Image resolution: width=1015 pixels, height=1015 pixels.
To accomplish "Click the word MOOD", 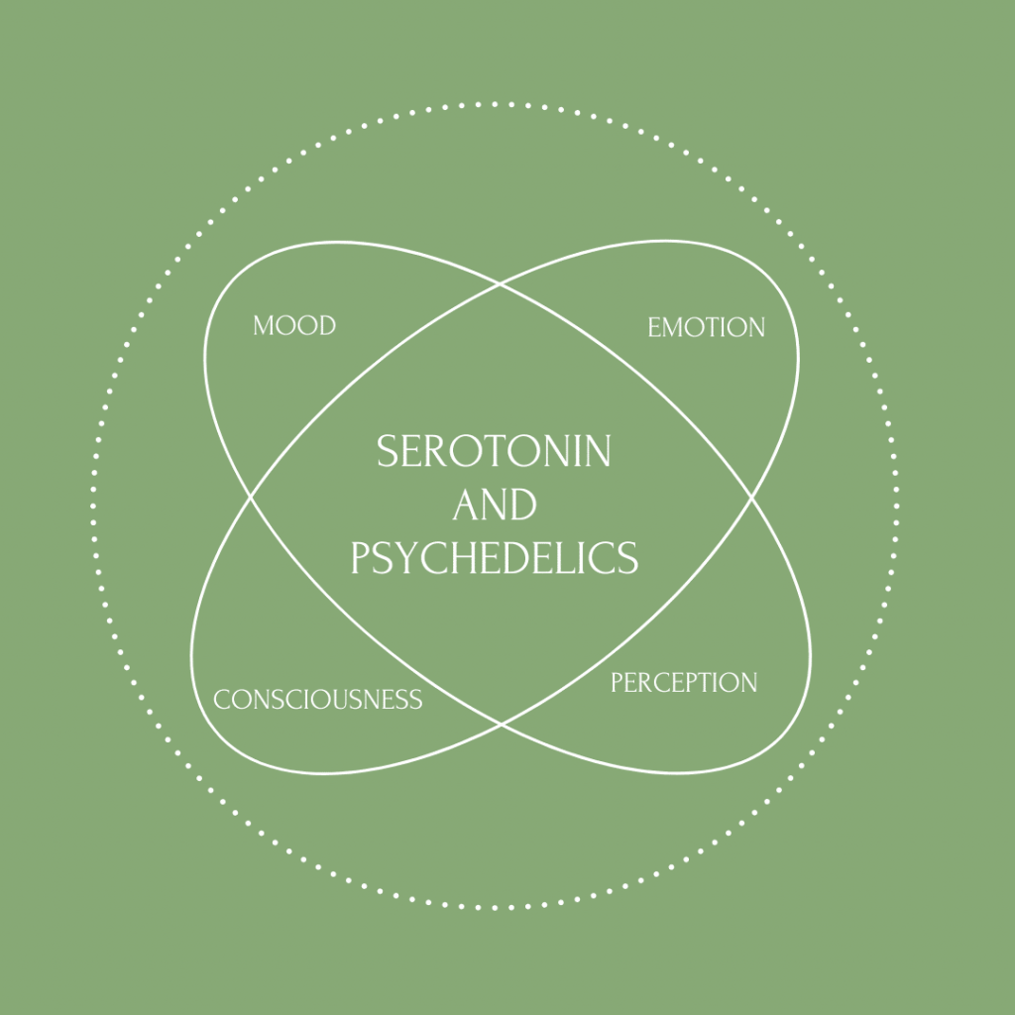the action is pyautogui.click(x=294, y=325).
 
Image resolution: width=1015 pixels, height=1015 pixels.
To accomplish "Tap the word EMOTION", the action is pyautogui.click(x=706, y=327).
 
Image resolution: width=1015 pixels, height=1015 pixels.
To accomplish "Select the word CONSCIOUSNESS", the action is pyautogui.click(x=318, y=700).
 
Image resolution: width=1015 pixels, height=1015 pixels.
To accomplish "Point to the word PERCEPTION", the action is pyautogui.click(x=684, y=683).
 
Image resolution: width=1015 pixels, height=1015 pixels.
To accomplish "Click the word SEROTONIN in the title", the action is pyautogui.click(x=494, y=451).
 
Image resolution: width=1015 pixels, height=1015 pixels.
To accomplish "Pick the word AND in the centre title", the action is pyautogui.click(x=495, y=505).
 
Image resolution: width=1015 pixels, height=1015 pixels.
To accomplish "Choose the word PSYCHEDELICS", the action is pyautogui.click(x=495, y=558).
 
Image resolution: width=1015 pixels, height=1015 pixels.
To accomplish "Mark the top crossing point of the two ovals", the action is pyautogui.click(x=500, y=283).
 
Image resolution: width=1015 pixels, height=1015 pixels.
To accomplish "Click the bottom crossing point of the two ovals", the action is pyautogui.click(x=501, y=725).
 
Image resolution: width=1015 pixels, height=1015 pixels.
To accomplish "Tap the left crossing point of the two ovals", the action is pyautogui.click(x=251, y=498).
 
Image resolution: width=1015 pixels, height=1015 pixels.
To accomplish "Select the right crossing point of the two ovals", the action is pyautogui.click(x=751, y=498).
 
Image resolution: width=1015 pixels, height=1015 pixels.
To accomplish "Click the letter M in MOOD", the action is pyautogui.click(x=264, y=325).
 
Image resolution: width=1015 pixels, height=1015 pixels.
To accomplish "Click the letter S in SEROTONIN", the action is pyautogui.click(x=388, y=451).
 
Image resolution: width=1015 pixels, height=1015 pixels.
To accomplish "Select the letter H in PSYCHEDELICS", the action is pyautogui.click(x=463, y=558).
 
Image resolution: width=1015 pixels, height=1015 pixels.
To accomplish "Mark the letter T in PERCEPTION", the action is pyautogui.click(x=710, y=683).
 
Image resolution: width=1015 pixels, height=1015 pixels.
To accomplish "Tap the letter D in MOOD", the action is pyautogui.click(x=327, y=325).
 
